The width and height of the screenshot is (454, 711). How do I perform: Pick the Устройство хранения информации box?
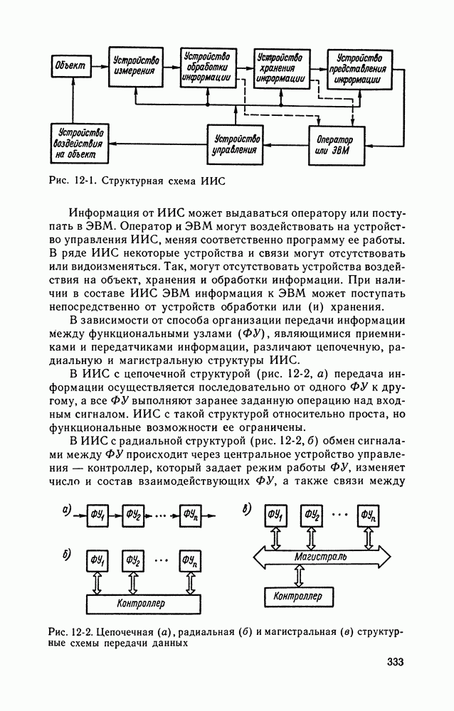pos(283,66)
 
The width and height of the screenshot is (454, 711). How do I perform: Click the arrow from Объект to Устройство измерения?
pos(99,65)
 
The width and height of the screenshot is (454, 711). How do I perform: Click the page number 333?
pos(395,663)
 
